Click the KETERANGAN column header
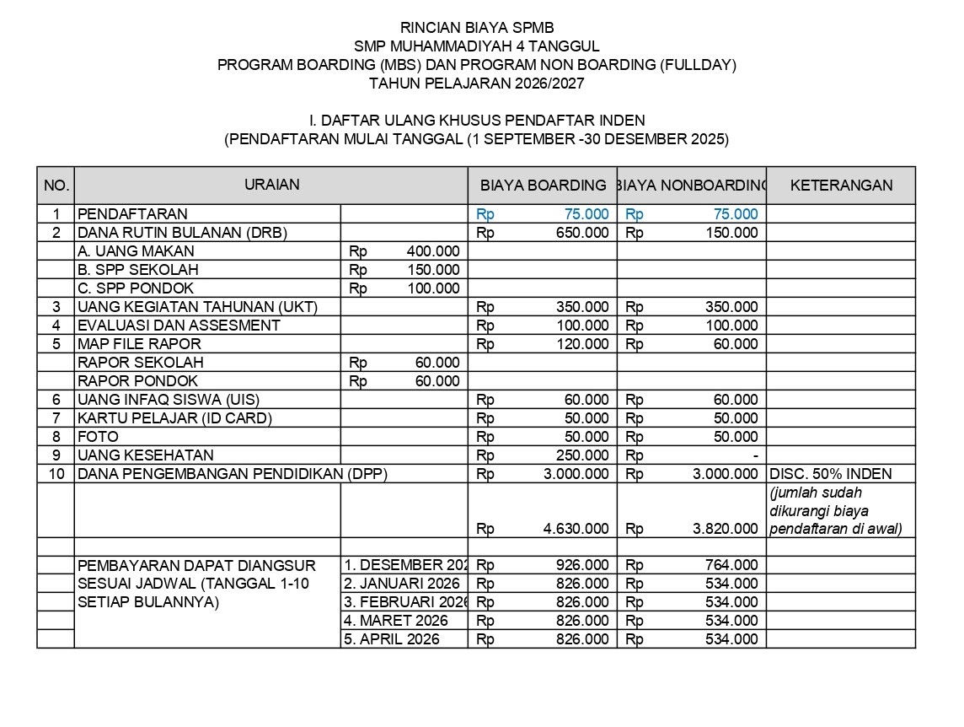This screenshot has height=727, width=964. pyautogui.click(x=841, y=186)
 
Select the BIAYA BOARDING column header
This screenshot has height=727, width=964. pyautogui.click(x=543, y=186)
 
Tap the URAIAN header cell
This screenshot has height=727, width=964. pyautogui.click(x=271, y=185)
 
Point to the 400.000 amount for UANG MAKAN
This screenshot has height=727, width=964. pyautogui.click(x=432, y=251)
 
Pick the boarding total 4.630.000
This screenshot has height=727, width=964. pyautogui.click(x=576, y=530)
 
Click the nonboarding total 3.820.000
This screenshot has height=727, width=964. pyautogui.click(x=725, y=530)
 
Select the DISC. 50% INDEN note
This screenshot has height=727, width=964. pyautogui.click(x=831, y=474)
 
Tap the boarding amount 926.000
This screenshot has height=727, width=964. pyautogui.click(x=582, y=565)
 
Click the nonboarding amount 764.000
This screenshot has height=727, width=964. pyautogui.click(x=731, y=565)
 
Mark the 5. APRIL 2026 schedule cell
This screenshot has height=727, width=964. pyautogui.click(x=392, y=639)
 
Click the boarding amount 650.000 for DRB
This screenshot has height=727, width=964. pyautogui.click(x=582, y=233)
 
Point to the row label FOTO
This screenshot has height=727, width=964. pyautogui.click(x=99, y=437)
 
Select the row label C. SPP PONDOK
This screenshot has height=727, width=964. pyautogui.click(x=137, y=288)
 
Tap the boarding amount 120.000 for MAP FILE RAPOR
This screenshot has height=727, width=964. pyautogui.click(x=582, y=344)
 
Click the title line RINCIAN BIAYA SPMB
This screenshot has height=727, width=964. pyautogui.click(x=477, y=28)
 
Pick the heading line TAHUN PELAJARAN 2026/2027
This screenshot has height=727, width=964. pyautogui.click(x=477, y=83)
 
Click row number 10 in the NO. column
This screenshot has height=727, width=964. pyautogui.click(x=56, y=474)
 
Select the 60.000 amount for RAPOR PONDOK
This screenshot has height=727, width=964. pyautogui.click(x=437, y=381)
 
